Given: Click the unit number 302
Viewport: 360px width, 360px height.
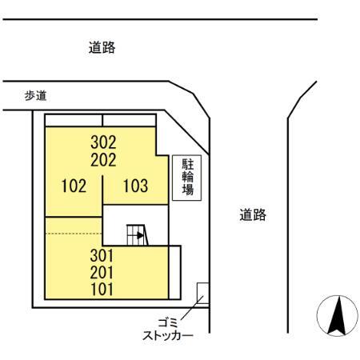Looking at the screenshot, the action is (x=103, y=142).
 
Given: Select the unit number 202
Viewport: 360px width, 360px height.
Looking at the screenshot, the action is (x=103, y=160).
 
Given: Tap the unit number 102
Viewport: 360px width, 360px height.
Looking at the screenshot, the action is (x=74, y=186).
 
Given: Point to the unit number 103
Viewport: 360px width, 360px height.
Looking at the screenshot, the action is (x=135, y=186).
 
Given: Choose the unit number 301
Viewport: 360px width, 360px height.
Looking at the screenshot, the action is (x=102, y=255).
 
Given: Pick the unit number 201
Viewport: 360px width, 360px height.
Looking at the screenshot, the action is (x=102, y=273).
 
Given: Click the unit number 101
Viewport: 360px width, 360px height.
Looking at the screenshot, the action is (x=102, y=290).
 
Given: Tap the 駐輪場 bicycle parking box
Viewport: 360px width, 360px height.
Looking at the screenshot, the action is (x=186, y=178).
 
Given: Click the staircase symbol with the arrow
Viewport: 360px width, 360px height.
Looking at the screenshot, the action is (x=137, y=234).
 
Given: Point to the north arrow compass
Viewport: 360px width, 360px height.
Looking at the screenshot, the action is (x=338, y=316).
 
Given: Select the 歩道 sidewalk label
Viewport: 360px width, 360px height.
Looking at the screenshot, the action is (x=36, y=95).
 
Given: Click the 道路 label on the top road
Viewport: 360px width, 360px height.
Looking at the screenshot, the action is (x=102, y=48).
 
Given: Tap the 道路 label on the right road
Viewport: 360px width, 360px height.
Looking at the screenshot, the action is (x=253, y=214).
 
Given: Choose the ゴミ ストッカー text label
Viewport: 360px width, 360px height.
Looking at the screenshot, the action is (x=168, y=330).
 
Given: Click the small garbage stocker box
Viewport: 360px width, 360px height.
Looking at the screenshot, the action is (x=203, y=293).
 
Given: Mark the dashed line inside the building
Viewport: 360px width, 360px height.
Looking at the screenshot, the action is (x=74, y=234).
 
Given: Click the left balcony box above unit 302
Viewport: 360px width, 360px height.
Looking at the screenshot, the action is (x=74, y=120).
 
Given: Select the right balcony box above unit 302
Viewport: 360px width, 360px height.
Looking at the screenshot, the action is (x=129, y=120).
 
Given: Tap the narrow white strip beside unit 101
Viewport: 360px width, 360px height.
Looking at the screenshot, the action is (x=174, y=272).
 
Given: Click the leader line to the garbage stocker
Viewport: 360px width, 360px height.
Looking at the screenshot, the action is (x=192, y=307).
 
